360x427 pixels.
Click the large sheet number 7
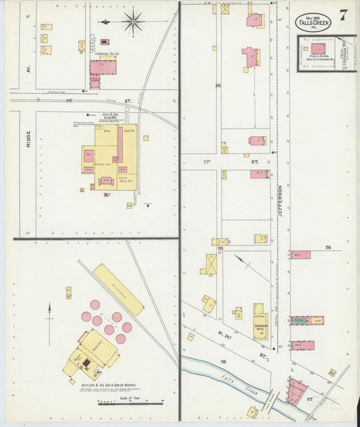[344, 16]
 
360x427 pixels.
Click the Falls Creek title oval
[309, 22]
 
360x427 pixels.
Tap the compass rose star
[132, 21]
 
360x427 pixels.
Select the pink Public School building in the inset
[318, 49]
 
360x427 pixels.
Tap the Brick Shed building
[118, 289]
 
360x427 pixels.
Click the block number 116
[328, 248]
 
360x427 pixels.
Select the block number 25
[217, 86]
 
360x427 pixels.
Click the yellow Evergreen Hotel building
[259, 322]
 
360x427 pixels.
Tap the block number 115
[220, 249]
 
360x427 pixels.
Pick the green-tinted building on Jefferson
[302, 320]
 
